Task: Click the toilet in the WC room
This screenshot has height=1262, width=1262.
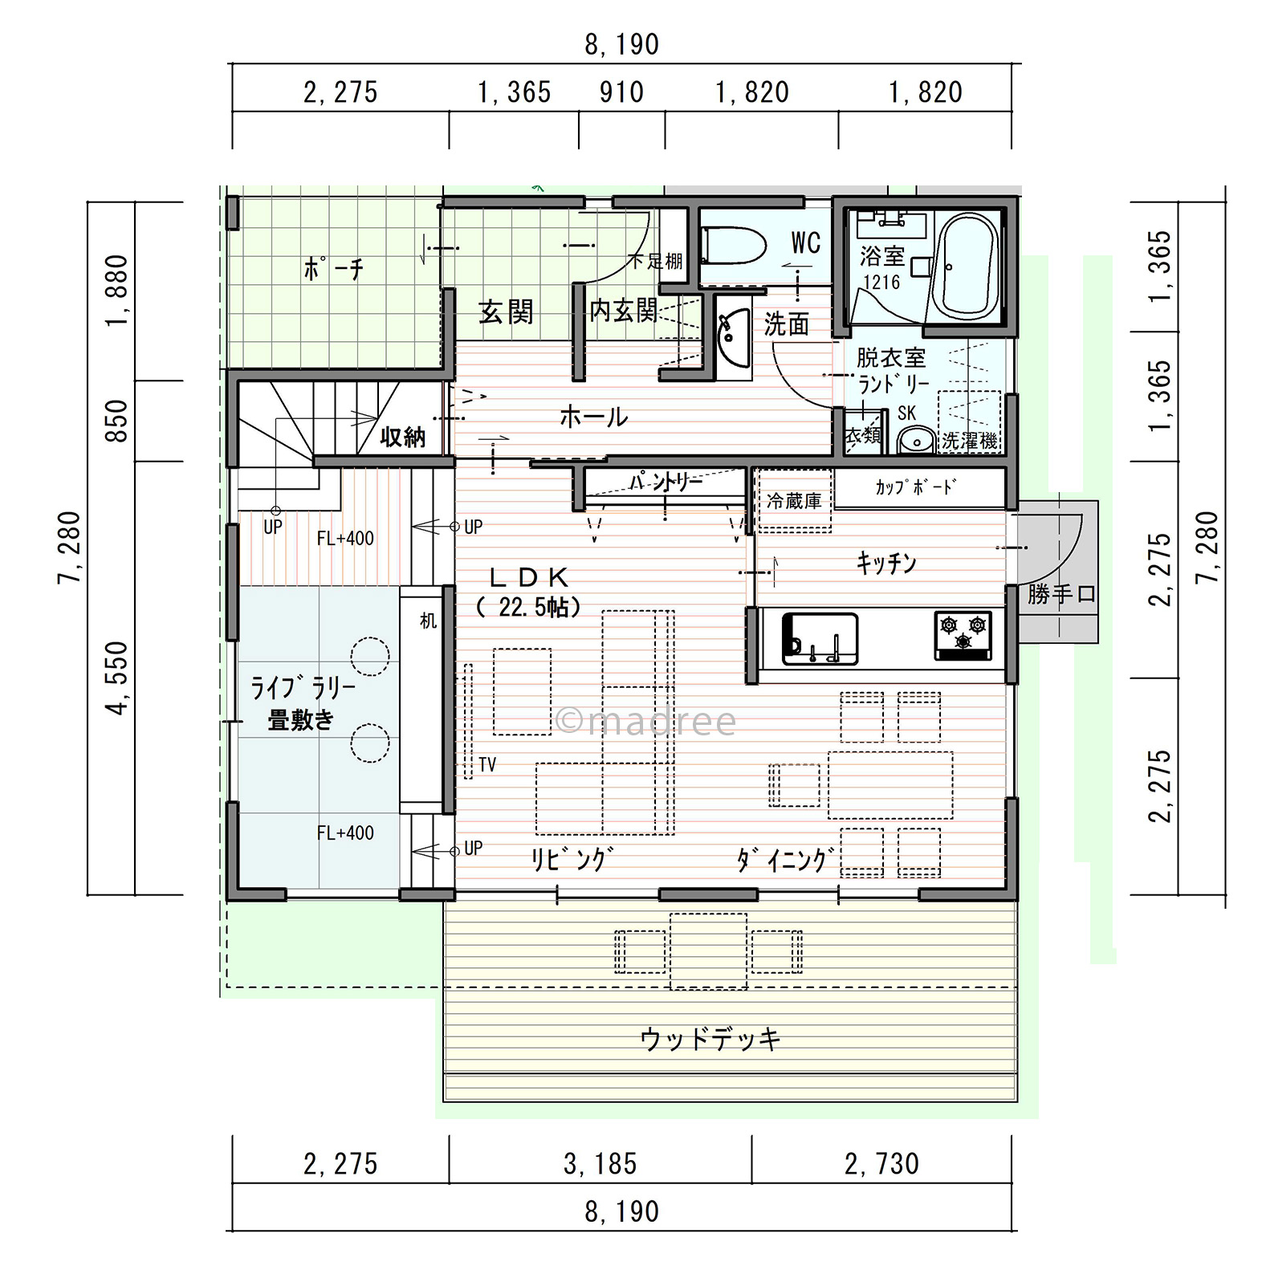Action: click(x=732, y=244)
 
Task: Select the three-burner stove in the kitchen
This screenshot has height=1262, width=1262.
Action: click(x=963, y=635)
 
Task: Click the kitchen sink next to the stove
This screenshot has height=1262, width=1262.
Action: click(x=820, y=639)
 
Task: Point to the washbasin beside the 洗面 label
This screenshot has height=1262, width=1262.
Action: click(x=733, y=337)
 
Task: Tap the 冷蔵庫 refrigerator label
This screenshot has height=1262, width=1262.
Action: click(x=793, y=501)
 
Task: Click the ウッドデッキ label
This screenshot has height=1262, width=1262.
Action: click(x=710, y=1039)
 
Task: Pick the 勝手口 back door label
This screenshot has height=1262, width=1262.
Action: click(x=1061, y=594)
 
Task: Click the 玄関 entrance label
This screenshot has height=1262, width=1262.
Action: click(x=506, y=311)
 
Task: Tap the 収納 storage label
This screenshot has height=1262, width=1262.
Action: click(x=402, y=437)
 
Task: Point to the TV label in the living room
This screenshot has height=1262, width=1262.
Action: click(x=487, y=764)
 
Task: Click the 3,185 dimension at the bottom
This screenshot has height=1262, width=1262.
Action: click(x=600, y=1163)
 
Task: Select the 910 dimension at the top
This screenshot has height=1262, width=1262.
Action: click(x=621, y=92)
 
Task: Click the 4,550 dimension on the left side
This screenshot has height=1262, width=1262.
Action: click(x=117, y=678)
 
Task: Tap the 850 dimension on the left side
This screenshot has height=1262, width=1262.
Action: click(x=117, y=420)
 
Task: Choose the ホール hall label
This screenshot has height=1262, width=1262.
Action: click(x=593, y=417)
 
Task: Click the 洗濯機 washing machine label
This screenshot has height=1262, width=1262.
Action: click(x=969, y=441)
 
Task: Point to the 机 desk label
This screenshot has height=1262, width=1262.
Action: click(x=428, y=621)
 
